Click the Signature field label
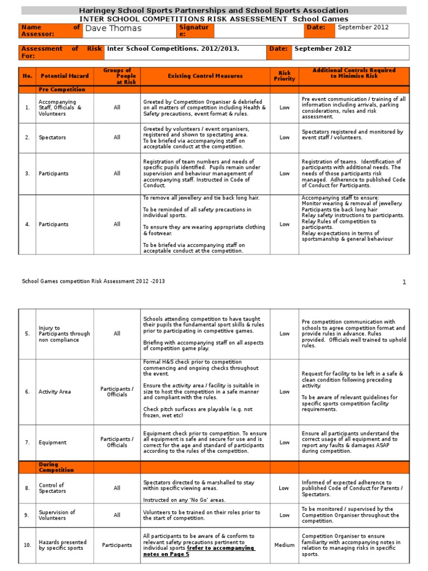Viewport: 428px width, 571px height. pyautogui.click(x=193, y=31)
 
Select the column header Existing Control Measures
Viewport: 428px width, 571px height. pyautogui.click(x=205, y=76)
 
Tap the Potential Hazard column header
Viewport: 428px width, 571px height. pyautogui.click(x=62, y=76)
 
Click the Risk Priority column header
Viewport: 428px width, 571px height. pyautogui.click(x=284, y=76)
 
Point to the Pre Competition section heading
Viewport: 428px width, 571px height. pyautogui.click(x=62, y=89)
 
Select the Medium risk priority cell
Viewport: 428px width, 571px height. pyautogui.click(x=284, y=545)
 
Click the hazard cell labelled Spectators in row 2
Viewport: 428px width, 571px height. pyautogui.click(x=52, y=137)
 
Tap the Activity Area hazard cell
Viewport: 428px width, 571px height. pyautogui.click(x=55, y=392)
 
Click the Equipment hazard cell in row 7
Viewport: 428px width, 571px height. pyautogui.click(x=52, y=443)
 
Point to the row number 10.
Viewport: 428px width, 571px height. pyautogui.click(x=27, y=545)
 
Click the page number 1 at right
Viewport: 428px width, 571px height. pyautogui.click(x=405, y=282)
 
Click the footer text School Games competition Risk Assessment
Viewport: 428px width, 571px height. pyautogui.click(x=93, y=282)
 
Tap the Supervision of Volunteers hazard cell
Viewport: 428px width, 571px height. pyautogui.click(x=57, y=515)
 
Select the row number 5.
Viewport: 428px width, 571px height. pyautogui.click(x=27, y=334)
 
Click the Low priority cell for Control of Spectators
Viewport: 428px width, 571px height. pyautogui.click(x=284, y=488)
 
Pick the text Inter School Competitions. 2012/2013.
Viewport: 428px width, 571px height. pyautogui.click(x=173, y=49)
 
